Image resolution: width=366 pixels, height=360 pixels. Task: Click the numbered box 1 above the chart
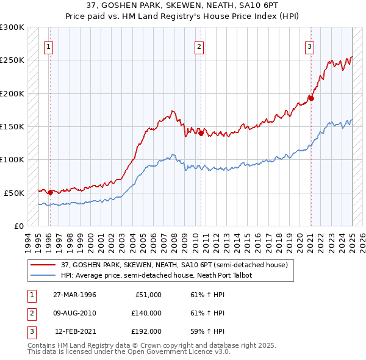pyautogui.click(x=48, y=46)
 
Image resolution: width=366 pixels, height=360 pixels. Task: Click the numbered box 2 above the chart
pyautogui.click(x=199, y=46)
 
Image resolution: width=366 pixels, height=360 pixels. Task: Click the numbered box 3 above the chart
pyautogui.click(x=309, y=46)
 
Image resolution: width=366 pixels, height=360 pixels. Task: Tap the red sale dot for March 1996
pyautogui.click(x=50, y=192)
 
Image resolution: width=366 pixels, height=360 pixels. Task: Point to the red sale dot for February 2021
pyautogui.click(x=311, y=98)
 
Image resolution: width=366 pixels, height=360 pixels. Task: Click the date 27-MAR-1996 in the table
pyautogui.click(x=74, y=295)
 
